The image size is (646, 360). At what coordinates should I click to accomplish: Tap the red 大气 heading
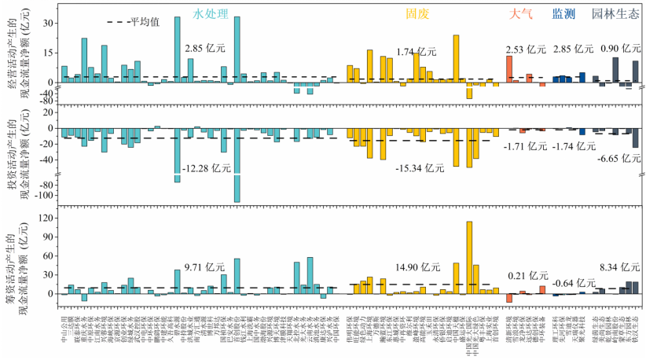point(520,13)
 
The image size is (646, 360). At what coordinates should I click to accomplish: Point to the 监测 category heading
point(564,13)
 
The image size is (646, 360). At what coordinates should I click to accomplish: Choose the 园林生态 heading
point(615,13)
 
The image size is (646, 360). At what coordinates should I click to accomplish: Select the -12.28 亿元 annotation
point(205,168)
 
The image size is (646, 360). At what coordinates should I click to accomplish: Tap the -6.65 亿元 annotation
point(620,157)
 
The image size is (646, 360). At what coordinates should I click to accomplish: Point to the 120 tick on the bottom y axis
point(46,217)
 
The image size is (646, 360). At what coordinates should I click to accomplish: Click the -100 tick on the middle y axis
point(44,195)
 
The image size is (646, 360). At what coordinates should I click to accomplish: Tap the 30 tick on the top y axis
point(49,24)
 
